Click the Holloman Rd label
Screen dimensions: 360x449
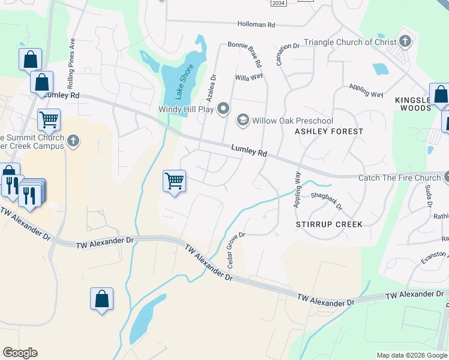255,25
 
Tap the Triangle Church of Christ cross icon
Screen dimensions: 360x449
405,41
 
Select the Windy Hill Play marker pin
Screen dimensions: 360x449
223,109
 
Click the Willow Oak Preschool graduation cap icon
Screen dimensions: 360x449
243,120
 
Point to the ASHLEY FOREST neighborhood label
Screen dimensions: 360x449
329,131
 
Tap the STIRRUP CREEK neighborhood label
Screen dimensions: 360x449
329,224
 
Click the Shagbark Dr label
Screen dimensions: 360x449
326,200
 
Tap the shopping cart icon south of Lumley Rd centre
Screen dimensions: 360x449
174,180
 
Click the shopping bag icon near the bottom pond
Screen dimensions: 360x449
101,298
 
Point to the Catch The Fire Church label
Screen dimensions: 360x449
399,178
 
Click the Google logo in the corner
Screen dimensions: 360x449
20,353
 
